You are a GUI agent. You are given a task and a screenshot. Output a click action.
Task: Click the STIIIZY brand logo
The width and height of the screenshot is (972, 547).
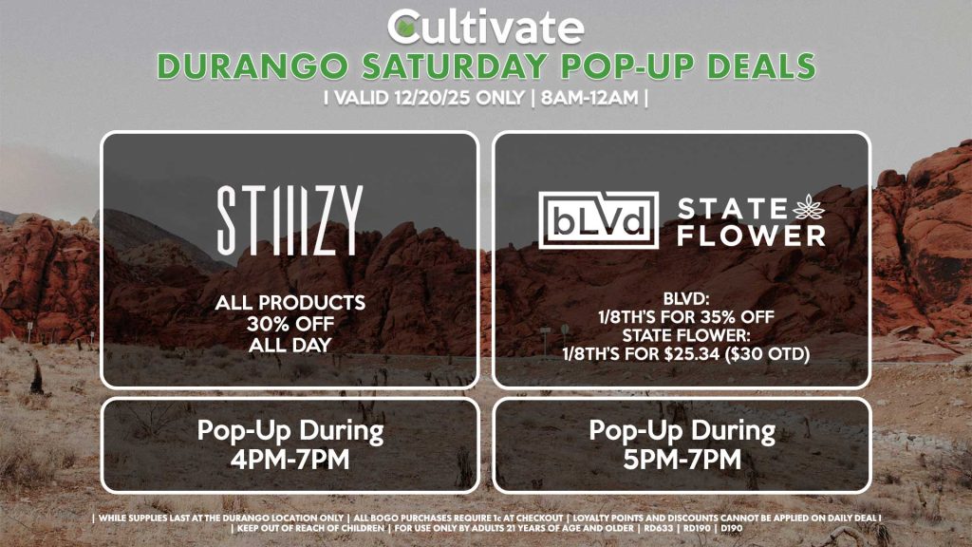pos(289,221)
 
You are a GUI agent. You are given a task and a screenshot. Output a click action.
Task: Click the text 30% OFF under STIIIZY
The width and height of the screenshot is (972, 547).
pos(289,324)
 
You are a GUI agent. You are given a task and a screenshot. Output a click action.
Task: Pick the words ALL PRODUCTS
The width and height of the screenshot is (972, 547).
pos(289,303)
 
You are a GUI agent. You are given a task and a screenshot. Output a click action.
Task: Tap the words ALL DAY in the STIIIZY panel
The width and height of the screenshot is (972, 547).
pos(289,345)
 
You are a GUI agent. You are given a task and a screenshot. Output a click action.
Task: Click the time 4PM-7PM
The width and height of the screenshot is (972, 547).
pos(289,460)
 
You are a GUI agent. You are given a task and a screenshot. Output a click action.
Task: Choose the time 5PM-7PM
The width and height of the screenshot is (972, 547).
pos(682,460)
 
